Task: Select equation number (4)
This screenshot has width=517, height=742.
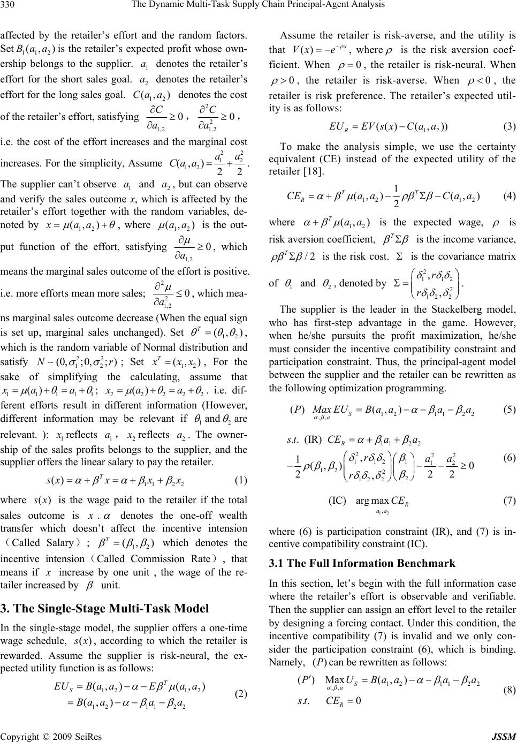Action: [510, 196]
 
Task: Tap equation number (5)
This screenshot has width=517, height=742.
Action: [510, 411]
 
